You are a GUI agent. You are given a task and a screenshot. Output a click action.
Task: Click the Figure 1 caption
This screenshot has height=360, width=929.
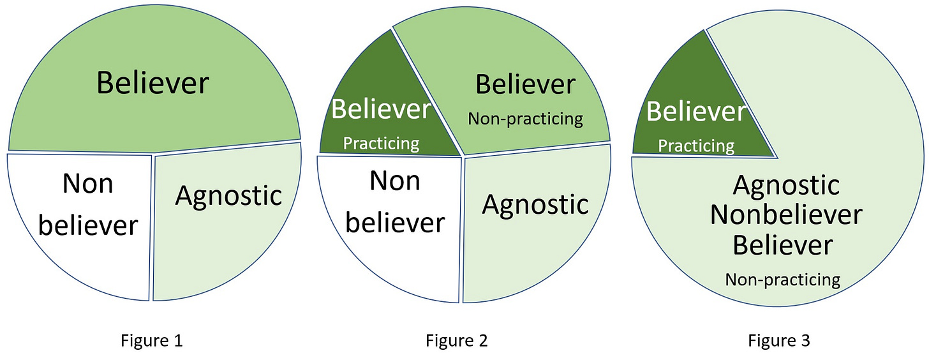[x=152, y=341]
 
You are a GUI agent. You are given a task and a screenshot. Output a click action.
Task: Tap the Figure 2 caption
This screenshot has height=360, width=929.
[x=457, y=341]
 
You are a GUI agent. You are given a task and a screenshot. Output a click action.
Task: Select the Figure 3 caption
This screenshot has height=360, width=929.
[x=779, y=341]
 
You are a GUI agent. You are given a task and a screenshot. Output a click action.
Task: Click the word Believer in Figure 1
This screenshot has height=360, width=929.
[x=153, y=83]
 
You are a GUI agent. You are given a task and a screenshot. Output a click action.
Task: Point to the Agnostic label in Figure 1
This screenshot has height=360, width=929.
[x=228, y=195]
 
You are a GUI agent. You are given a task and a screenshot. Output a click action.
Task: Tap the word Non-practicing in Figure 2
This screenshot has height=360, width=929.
[x=525, y=119]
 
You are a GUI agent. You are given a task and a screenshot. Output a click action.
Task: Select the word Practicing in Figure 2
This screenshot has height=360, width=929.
[x=381, y=143]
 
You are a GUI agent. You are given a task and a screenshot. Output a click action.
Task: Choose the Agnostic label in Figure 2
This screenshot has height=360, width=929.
[x=535, y=204]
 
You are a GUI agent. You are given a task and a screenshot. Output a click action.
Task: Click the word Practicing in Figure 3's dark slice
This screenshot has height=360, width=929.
[x=696, y=146]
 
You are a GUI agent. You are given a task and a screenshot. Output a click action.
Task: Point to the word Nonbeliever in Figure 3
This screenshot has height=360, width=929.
[x=786, y=215]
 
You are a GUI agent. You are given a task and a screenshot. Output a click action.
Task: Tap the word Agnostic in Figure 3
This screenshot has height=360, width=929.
[x=786, y=186]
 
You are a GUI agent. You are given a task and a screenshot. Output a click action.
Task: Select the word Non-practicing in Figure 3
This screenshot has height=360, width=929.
[x=782, y=279]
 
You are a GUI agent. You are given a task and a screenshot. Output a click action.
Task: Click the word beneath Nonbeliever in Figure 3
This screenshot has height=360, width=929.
[x=782, y=245]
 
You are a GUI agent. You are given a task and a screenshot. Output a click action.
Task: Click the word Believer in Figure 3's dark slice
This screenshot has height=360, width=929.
[x=696, y=112]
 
